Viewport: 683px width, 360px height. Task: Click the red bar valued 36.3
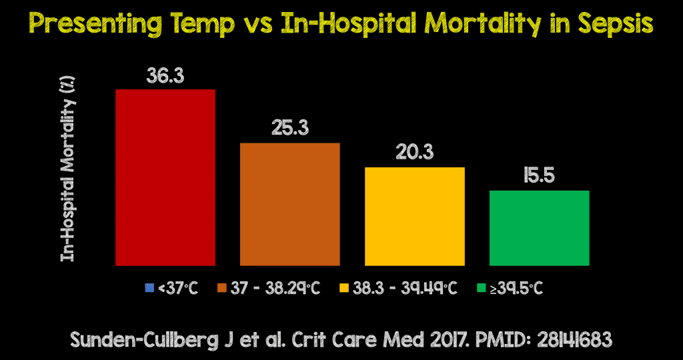coord(165,177)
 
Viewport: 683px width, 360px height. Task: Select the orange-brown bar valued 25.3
coord(289,204)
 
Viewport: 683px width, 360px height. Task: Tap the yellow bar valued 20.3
coord(414,216)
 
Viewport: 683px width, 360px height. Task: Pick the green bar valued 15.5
coord(539,228)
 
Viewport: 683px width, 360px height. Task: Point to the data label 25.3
coord(289,128)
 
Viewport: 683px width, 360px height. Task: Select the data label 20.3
coord(414,152)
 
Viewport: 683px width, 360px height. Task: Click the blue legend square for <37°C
coord(149,288)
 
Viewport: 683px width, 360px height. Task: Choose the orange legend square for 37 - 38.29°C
coord(221,288)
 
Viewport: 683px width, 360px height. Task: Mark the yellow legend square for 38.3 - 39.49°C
coord(344,288)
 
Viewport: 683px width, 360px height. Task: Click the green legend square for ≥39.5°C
coord(482,288)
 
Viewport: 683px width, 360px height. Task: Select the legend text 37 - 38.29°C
coord(275,288)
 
